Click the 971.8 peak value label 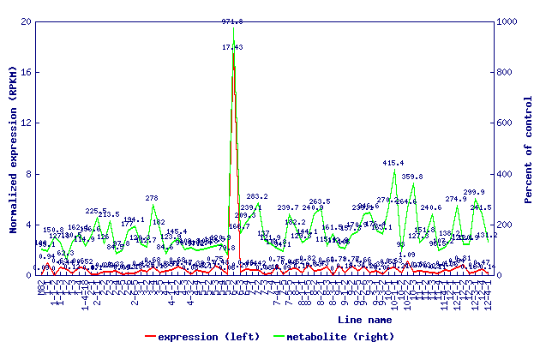coord(232,21)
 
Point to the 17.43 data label coord(232,48)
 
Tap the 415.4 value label coord(393,163)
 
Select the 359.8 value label coord(413,177)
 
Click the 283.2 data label coord(257,197)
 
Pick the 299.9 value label coord(474,193)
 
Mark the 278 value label coord(152,198)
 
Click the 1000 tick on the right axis coord(511,21)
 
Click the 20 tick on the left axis coord(27,21)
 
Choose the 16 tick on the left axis coord(27,72)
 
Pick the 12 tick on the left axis coord(27,123)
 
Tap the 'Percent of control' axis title coord(529,147)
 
